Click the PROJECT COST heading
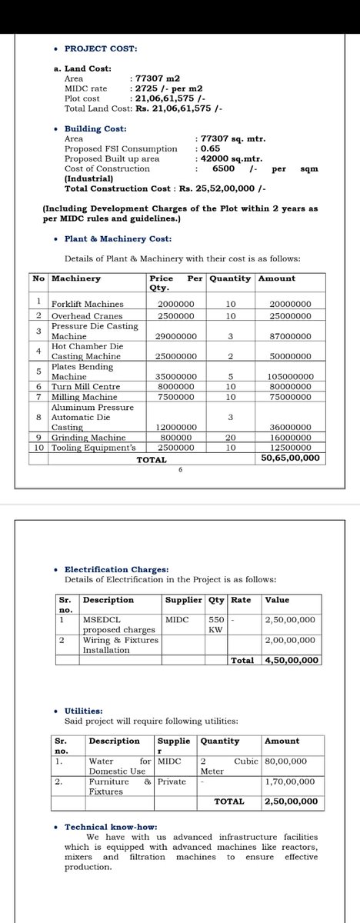coord(101,48)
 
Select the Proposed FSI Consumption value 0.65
coord(209,148)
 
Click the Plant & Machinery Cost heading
coord(118,238)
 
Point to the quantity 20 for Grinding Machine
coord(229,437)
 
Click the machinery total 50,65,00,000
coord(290,458)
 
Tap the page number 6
coord(179,471)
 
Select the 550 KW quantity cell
coord(215,624)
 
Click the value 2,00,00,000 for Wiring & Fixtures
coord(290,640)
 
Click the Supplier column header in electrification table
coord(183,600)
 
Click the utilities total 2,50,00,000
coord(289,801)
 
